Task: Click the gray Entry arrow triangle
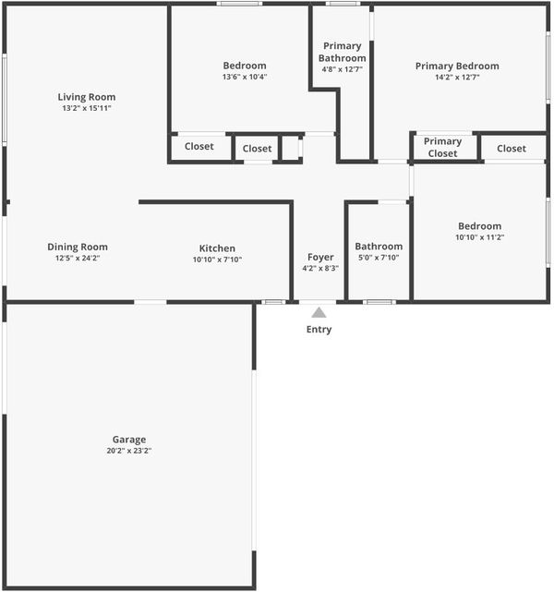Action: pos(319,312)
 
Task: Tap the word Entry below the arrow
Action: pos(319,330)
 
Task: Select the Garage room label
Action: pos(129,440)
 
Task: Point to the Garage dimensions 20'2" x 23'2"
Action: pos(129,451)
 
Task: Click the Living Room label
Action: pos(87,97)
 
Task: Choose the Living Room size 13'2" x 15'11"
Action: pos(87,108)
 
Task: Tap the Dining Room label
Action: pos(78,247)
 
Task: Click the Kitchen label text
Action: pos(217,248)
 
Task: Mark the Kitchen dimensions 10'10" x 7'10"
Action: pos(217,260)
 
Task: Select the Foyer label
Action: pos(320,257)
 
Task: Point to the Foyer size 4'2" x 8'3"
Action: pos(320,269)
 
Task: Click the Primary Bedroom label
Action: pos(457,66)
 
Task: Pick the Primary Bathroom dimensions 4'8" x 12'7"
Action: pos(343,69)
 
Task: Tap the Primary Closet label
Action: pos(442,147)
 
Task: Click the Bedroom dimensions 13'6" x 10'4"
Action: pos(245,77)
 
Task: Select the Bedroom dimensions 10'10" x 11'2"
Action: pos(479,237)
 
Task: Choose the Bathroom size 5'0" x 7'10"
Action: pos(379,258)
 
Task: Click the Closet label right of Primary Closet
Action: pos(512,149)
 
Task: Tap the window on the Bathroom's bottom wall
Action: pos(379,302)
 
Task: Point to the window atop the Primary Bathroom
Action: pos(343,4)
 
